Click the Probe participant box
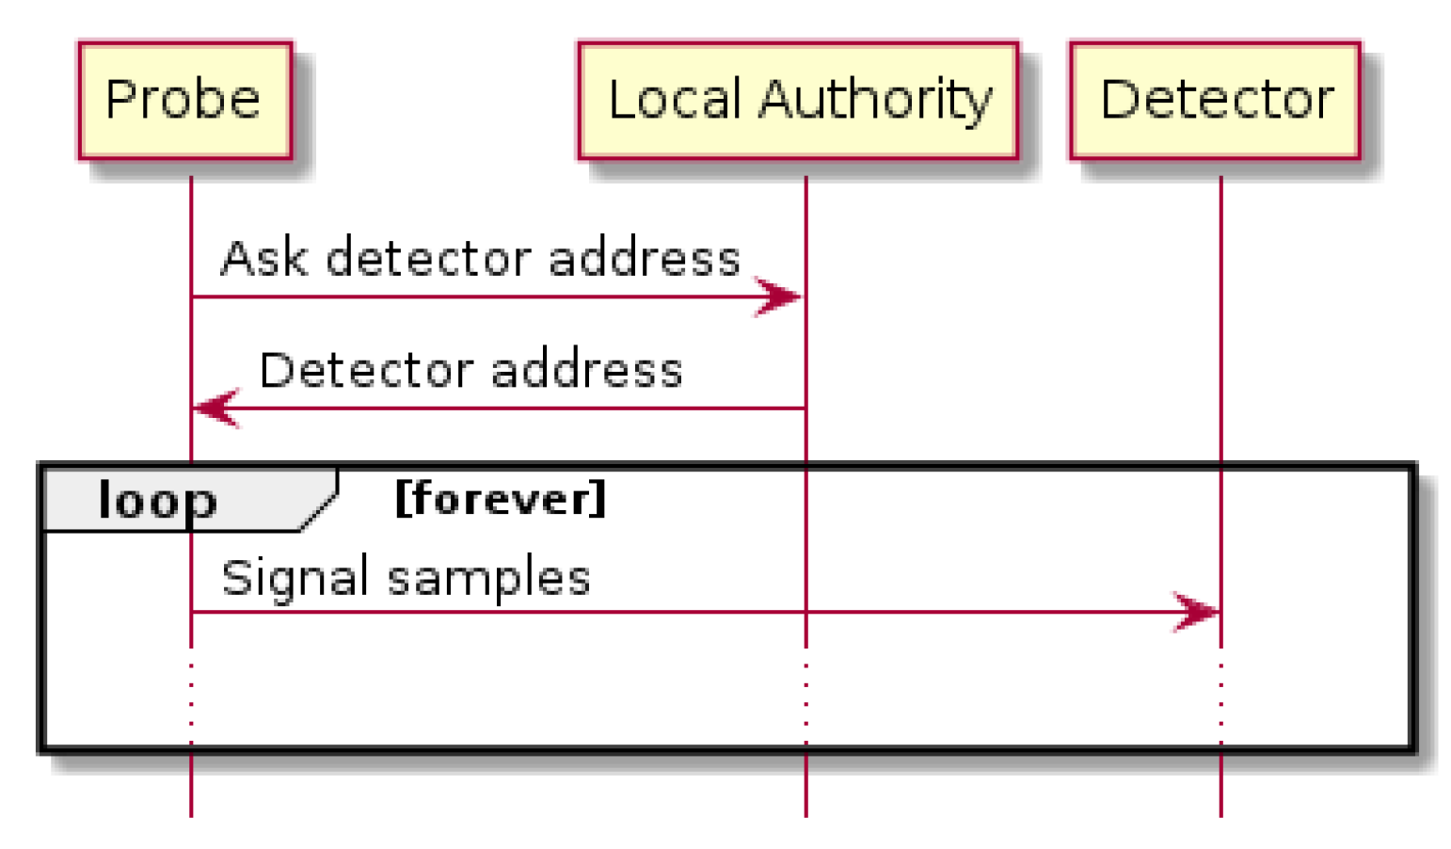(184, 100)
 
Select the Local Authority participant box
(798, 100)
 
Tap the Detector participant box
(1215, 100)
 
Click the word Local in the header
(675, 100)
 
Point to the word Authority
(875, 100)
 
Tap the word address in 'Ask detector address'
(645, 258)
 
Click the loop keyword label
(158, 500)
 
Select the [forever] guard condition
(501, 498)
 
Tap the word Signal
(295, 577)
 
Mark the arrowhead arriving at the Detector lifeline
(1197, 612)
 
